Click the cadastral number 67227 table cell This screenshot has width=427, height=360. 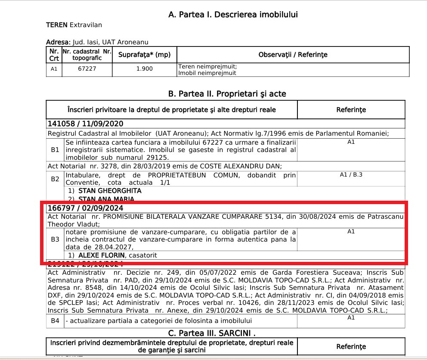click(87, 69)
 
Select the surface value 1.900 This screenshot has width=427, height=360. click(144, 69)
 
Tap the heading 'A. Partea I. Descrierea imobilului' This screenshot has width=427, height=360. click(233, 15)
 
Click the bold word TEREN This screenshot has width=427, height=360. click(57, 25)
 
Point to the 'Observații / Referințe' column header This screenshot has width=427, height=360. click(293, 55)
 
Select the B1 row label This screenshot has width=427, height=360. click(55, 150)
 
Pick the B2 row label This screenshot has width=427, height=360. click(55, 179)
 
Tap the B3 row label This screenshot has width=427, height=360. click(55, 239)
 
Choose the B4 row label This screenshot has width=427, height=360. click(55, 321)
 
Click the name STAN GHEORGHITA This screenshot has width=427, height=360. click(110, 190)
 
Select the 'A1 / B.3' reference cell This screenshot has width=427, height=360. click(351, 175)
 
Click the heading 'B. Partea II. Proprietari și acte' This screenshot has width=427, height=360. click(227, 94)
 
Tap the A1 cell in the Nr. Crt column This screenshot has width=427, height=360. click(54, 69)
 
